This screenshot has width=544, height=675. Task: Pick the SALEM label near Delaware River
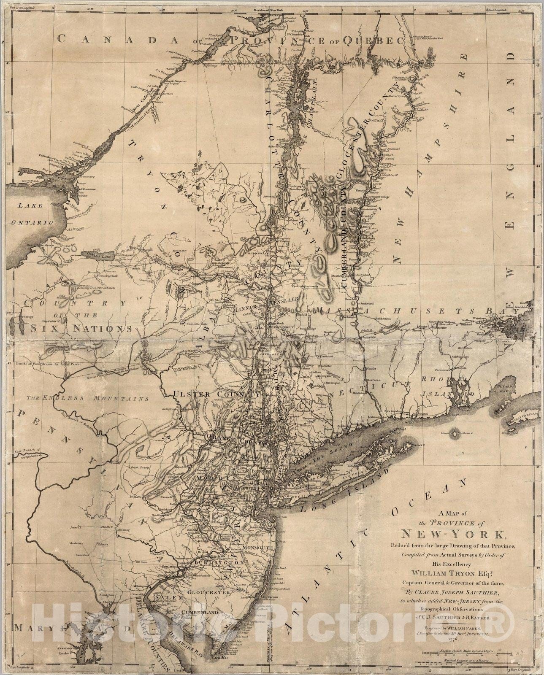(x=168, y=598)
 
